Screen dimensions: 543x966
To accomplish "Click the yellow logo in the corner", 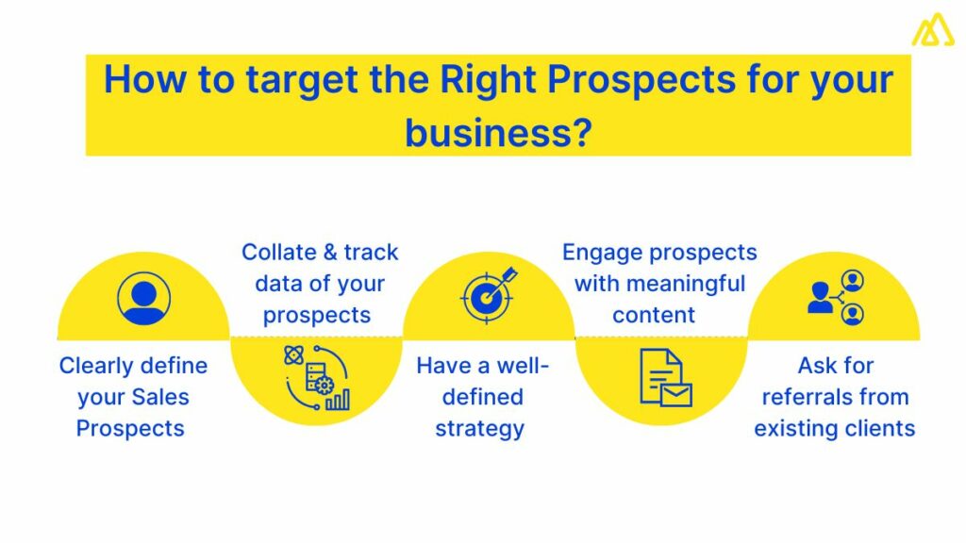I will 932,30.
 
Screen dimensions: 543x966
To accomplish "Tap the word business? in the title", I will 498,132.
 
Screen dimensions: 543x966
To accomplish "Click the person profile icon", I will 143,298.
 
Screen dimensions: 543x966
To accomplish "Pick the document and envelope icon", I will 665,377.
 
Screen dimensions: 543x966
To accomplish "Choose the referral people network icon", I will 836,297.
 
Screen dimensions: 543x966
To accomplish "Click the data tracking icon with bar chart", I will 316,377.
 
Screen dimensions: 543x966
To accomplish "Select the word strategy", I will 479,428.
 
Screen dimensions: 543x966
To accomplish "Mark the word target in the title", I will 298,80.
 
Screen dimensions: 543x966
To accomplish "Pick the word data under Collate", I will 278,284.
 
